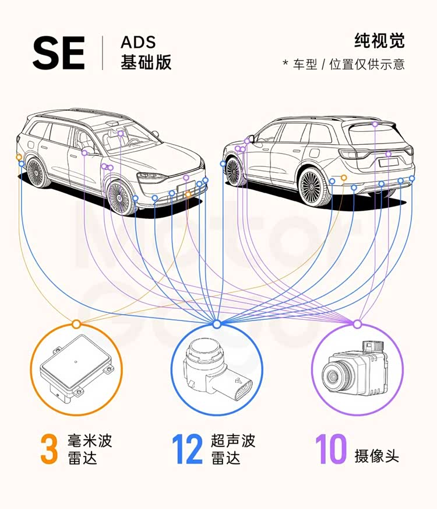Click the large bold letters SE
click(58, 54)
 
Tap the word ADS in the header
click(138, 43)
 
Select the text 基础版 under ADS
click(146, 62)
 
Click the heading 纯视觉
click(379, 41)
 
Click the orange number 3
click(49, 449)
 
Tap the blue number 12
click(187, 449)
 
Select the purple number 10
click(331, 449)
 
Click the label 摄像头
click(377, 455)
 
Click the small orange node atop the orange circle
click(76, 323)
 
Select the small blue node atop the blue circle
click(217, 323)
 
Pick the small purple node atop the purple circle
click(357, 323)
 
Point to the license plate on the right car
click(387, 163)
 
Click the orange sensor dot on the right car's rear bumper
click(344, 177)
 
